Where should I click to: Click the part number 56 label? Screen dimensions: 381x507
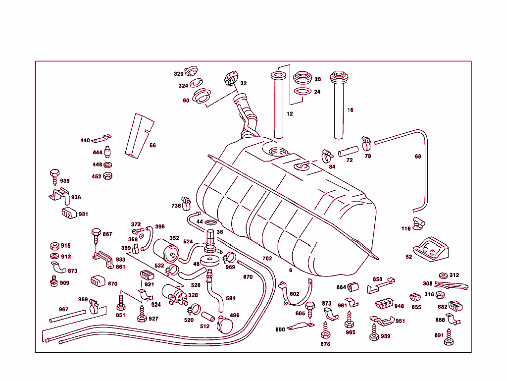(152, 145)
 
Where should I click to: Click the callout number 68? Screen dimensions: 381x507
(418, 157)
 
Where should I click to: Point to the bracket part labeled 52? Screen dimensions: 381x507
(431, 249)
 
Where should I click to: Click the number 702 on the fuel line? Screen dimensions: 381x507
(267, 258)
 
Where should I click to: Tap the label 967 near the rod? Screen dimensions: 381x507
(63, 309)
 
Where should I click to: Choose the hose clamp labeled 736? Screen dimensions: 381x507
(186, 202)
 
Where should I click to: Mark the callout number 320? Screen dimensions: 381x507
(178, 74)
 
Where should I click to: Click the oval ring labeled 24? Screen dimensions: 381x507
(302, 92)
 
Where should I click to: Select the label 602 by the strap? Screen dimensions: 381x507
(295, 294)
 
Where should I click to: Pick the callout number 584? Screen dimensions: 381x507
(231, 298)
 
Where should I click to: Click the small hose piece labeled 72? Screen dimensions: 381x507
(349, 150)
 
